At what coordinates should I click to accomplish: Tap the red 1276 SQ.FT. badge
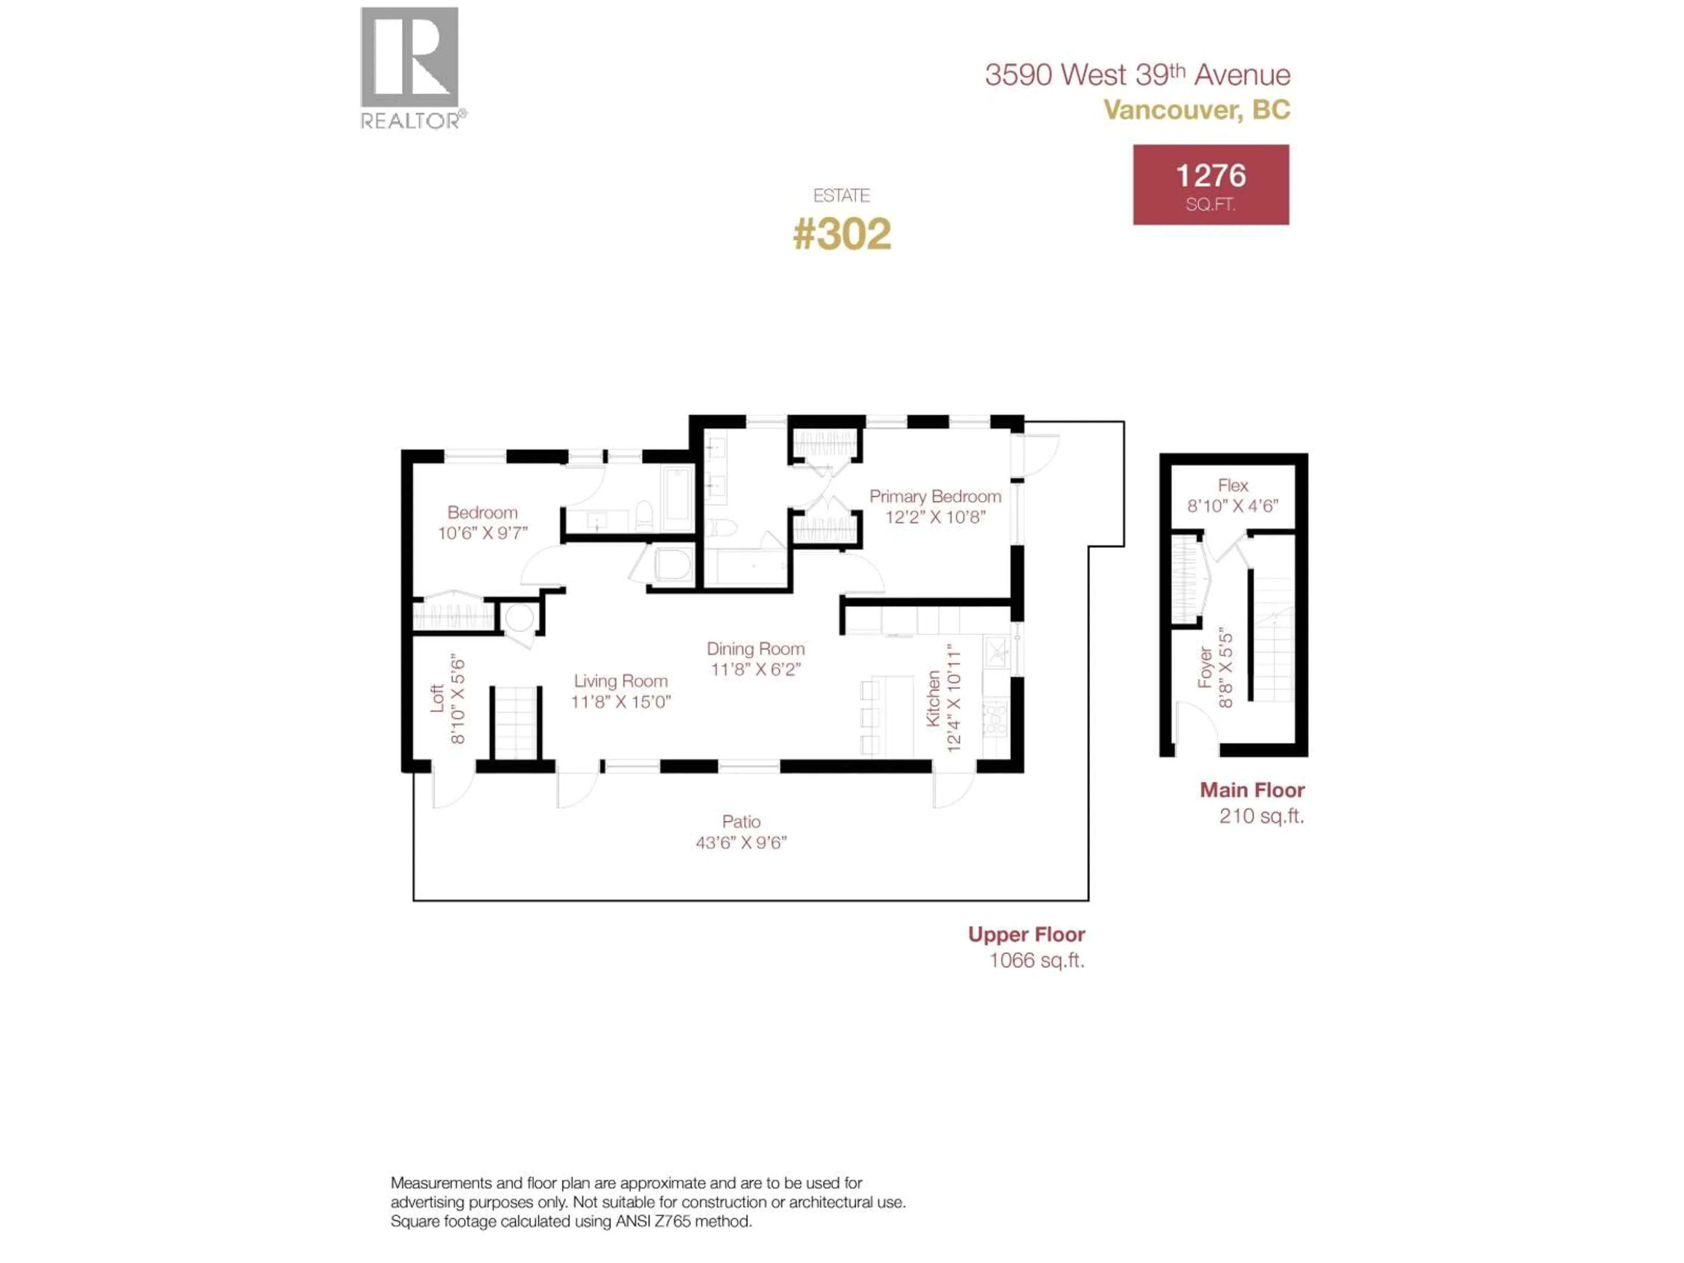click(x=1210, y=185)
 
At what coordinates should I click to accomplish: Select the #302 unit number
click(x=841, y=234)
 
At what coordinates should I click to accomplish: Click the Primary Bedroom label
click(x=935, y=496)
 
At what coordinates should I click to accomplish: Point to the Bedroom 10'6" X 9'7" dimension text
click(x=483, y=533)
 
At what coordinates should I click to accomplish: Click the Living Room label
click(x=621, y=681)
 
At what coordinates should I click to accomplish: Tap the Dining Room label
click(x=755, y=649)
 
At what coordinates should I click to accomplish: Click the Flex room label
click(x=1233, y=485)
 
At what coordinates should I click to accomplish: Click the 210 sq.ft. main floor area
click(x=1262, y=816)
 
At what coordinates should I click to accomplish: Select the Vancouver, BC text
click(x=1197, y=110)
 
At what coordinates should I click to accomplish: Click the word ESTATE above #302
click(x=841, y=196)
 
